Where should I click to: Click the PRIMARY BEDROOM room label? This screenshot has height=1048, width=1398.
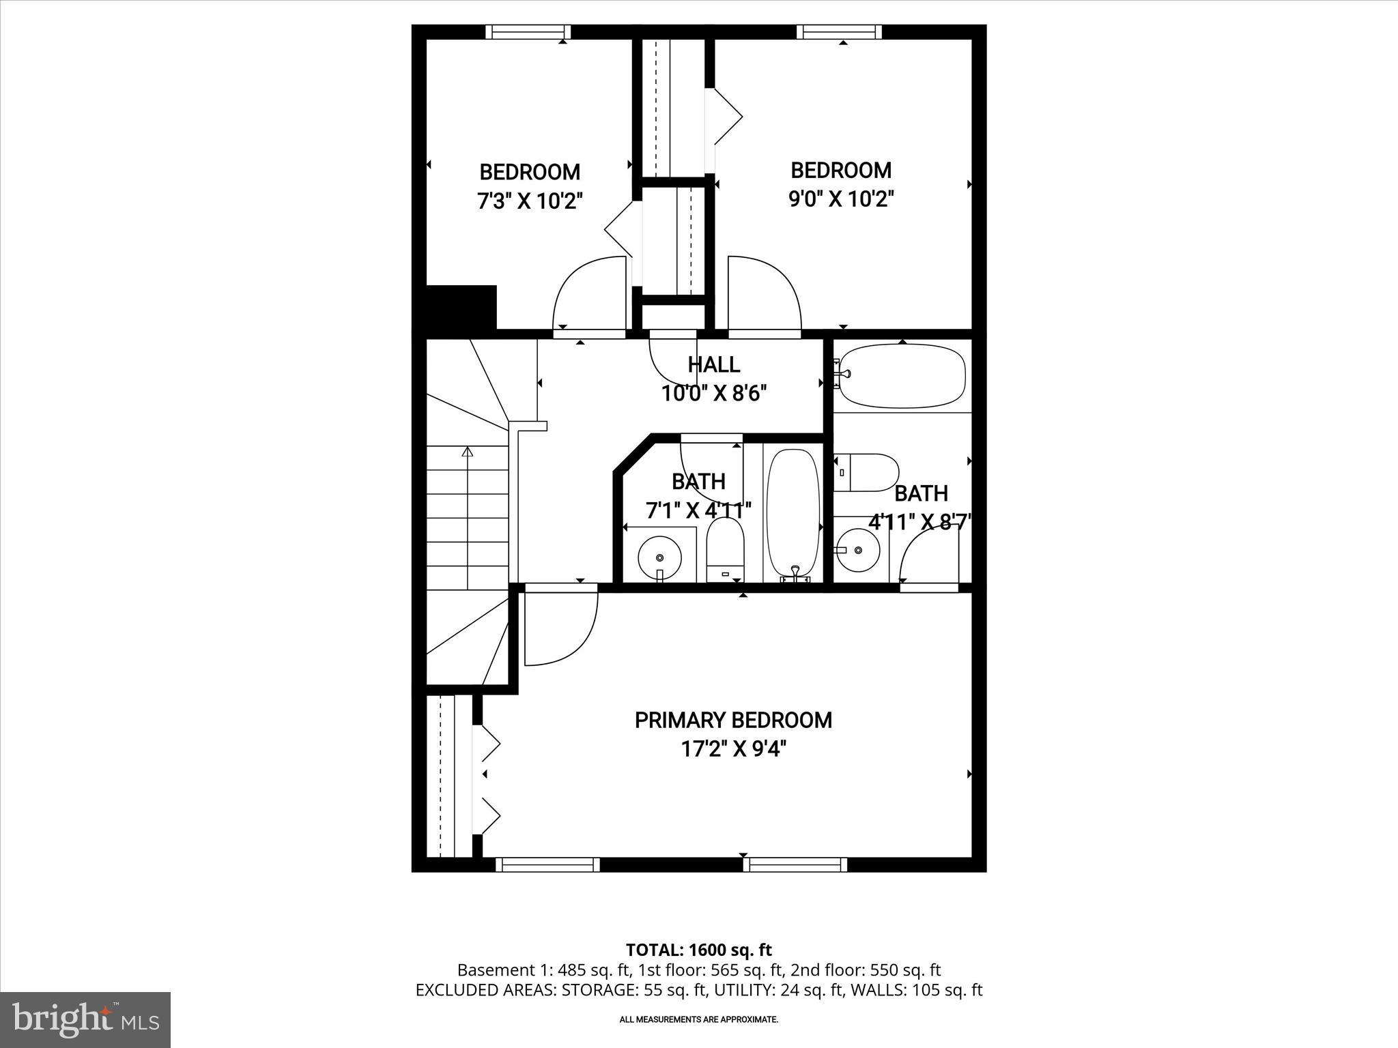(x=733, y=720)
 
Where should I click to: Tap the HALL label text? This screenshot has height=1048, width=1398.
(x=714, y=365)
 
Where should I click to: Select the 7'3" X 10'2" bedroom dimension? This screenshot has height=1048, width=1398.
(x=530, y=201)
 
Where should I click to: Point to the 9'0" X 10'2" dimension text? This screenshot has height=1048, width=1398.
(x=841, y=199)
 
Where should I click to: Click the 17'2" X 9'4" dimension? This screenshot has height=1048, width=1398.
(x=734, y=750)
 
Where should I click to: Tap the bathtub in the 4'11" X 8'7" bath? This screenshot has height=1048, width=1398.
(x=902, y=375)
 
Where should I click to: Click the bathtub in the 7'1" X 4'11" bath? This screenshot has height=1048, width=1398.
(x=793, y=512)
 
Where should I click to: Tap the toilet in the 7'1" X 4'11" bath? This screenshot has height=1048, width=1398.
(x=724, y=550)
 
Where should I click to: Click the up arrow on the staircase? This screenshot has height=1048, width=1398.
(x=468, y=452)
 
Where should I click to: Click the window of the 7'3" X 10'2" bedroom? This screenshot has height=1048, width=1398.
(x=528, y=32)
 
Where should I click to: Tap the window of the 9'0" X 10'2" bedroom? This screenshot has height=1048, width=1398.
(x=840, y=32)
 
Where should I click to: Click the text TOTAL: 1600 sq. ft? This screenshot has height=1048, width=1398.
(x=698, y=950)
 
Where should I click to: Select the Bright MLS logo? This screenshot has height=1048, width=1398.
(x=85, y=1019)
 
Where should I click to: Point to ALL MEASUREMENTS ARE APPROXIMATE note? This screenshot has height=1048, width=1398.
(x=698, y=1020)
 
